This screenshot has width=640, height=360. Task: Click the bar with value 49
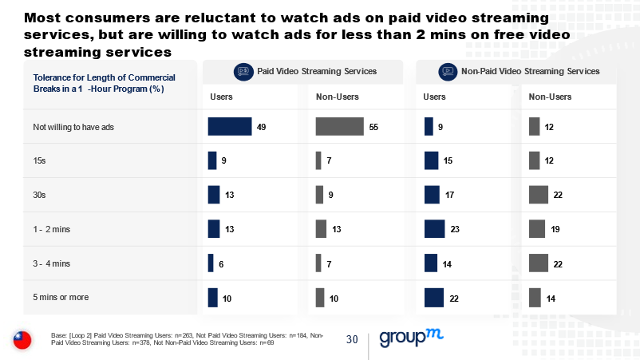(x=230, y=127)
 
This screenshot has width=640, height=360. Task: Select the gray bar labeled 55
(x=339, y=127)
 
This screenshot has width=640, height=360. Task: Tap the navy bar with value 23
(x=434, y=229)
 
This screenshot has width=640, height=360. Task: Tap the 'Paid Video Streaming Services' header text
(x=316, y=72)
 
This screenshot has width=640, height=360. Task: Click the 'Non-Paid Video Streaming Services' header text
(x=530, y=72)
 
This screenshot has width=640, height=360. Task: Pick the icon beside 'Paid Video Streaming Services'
(x=243, y=72)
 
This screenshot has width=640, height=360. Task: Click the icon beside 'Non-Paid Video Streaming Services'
(x=448, y=72)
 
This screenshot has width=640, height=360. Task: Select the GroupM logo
(x=410, y=338)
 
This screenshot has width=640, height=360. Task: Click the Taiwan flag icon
(x=22, y=340)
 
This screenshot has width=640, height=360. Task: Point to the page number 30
(x=352, y=339)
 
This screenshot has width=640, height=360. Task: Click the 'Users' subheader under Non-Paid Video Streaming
(x=434, y=97)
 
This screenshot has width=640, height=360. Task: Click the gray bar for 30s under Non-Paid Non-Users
(x=538, y=195)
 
